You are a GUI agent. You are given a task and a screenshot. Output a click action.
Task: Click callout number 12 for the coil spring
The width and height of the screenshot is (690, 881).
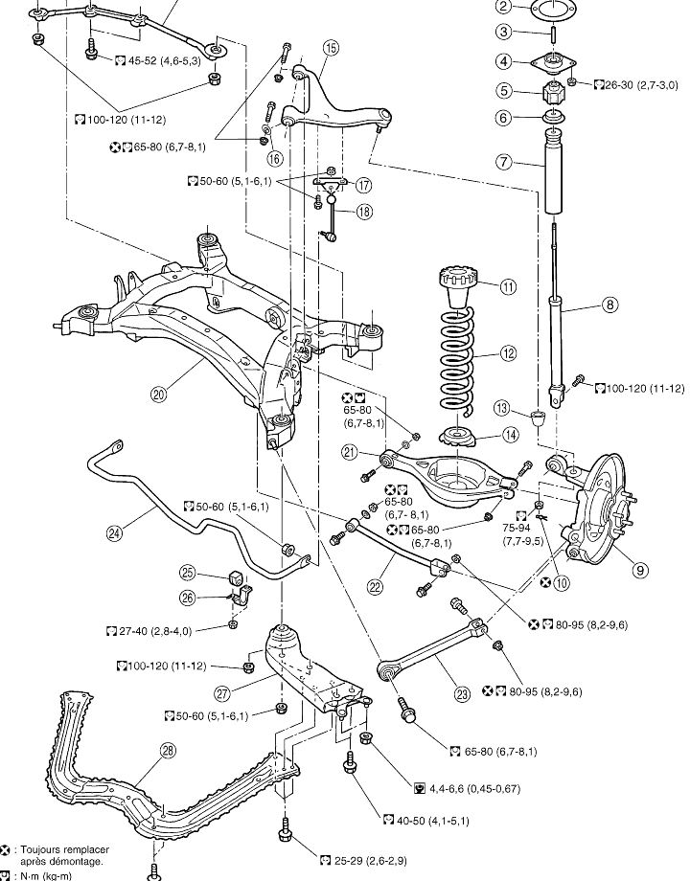pyautogui.click(x=508, y=353)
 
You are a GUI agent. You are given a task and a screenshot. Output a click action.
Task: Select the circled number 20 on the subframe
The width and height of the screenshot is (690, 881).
pyautogui.click(x=158, y=393)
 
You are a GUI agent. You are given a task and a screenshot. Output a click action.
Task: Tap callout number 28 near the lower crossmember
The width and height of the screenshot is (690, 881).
pyautogui.click(x=169, y=751)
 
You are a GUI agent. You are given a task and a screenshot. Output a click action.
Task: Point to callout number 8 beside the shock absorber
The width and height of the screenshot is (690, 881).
pyautogui.click(x=609, y=306)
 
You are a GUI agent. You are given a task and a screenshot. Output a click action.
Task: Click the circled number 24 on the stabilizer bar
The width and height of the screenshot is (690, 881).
pyautogui.click(x=116, y=534)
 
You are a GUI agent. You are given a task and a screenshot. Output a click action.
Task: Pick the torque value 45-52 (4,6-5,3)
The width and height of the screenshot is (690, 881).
pyautogui.click(x=164, y=60)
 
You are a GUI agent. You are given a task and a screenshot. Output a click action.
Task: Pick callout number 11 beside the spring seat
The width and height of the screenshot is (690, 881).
pyautogui.click(x=508, y=285)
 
